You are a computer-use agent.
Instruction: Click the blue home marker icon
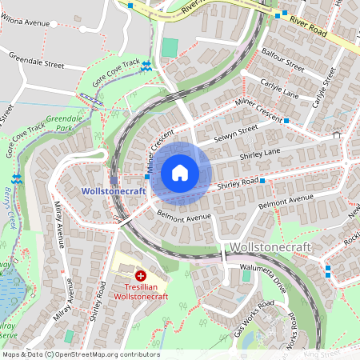pyautogui.click(x=180, y=172)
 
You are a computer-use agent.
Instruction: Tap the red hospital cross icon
pyautogui.click(x=141, y=274)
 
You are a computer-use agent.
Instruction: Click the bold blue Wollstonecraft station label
pyautogui.click(x=113, y=191)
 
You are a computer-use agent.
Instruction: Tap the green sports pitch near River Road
pyautogui.click(x=169, y=47)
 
